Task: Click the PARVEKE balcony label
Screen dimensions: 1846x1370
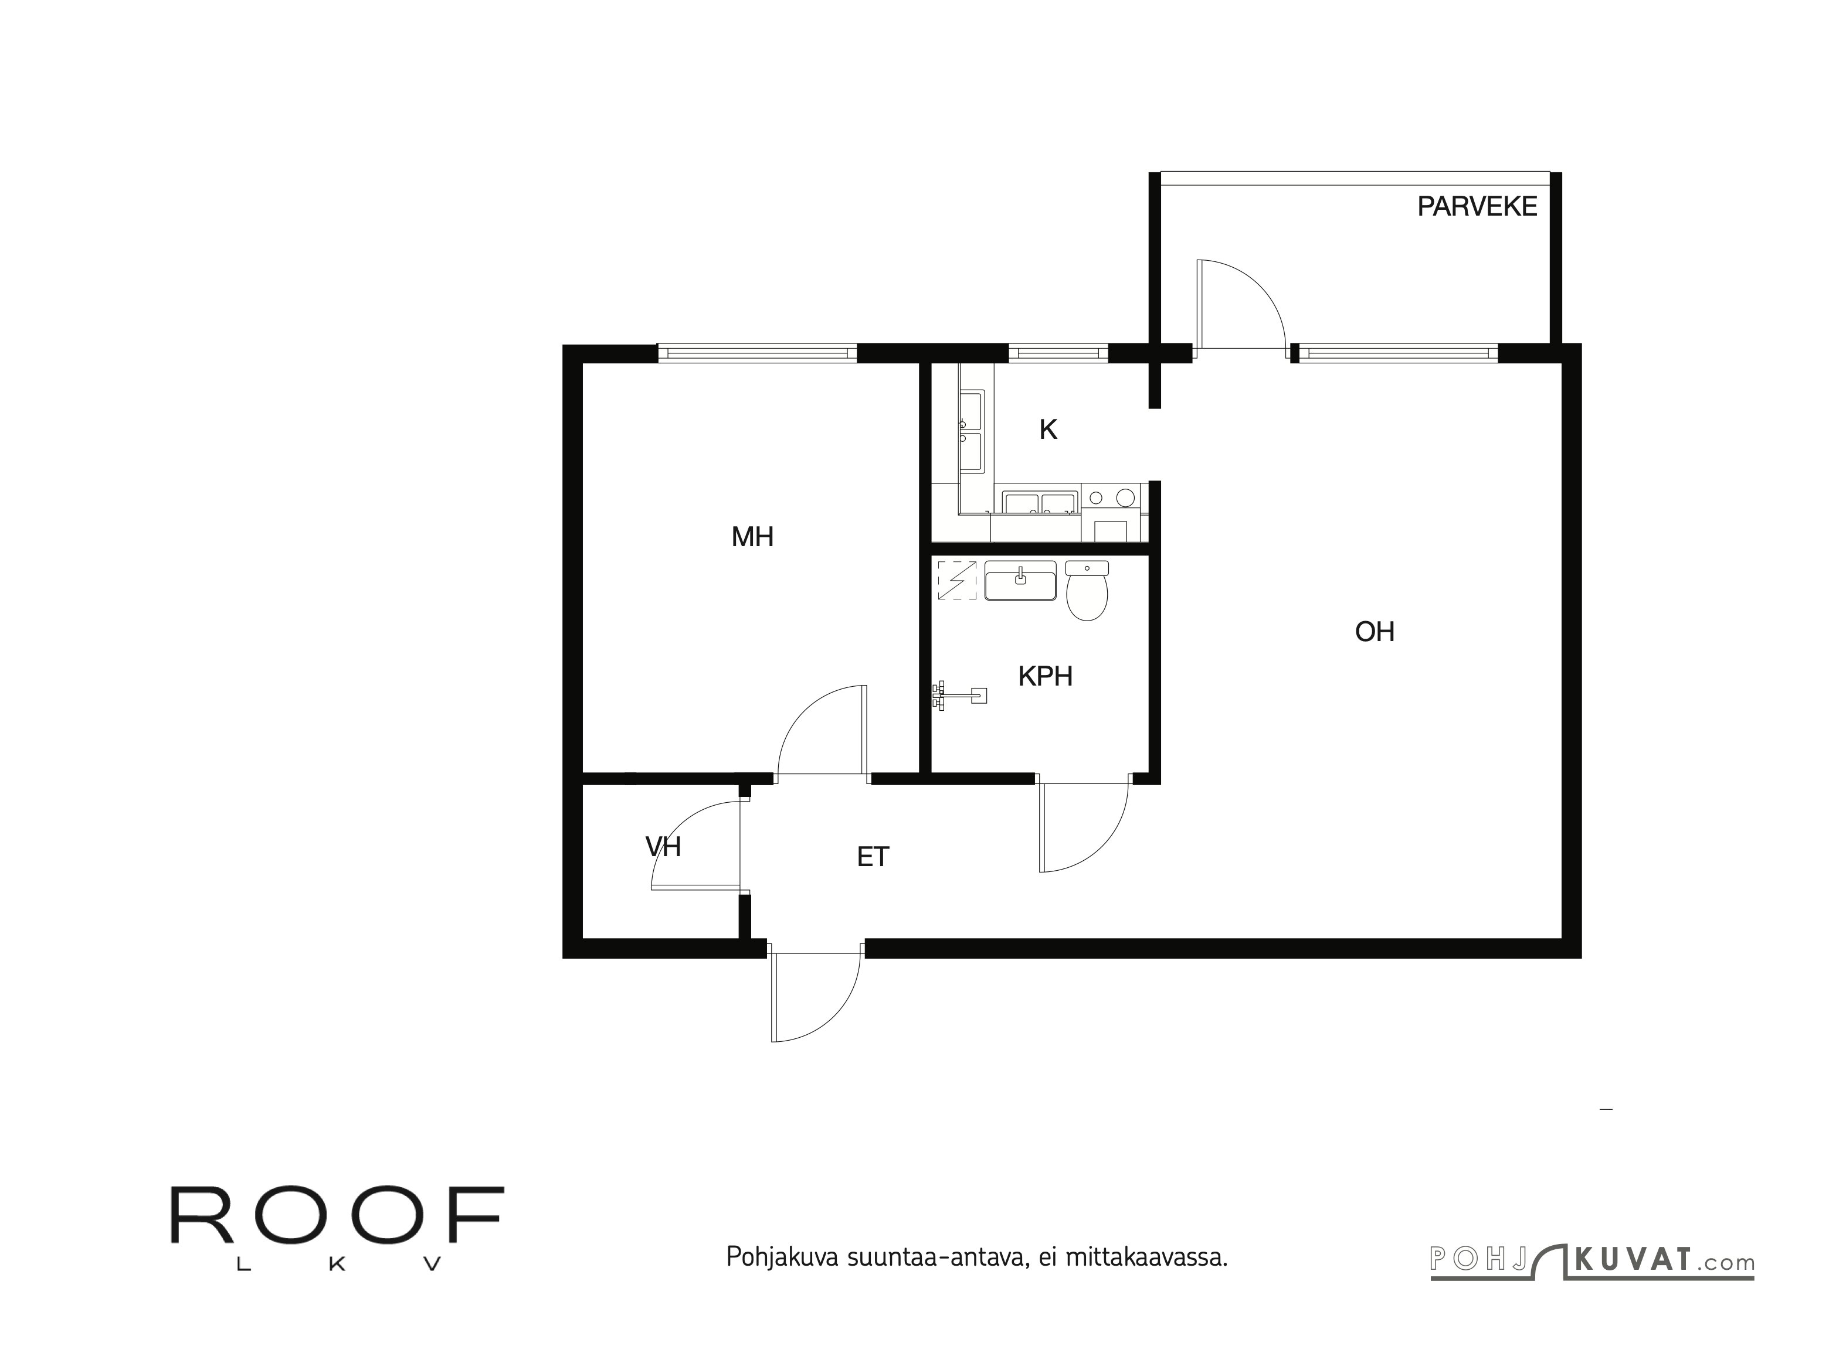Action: pyautogui.click(x=1477, y=206)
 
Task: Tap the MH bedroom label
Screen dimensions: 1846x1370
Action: pyautogui.click(x=752, y=537)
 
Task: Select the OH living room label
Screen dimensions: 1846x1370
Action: pyautogui.click(x=1374, y=632)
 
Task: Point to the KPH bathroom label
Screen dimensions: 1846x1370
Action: pyautogui.click(x=1046, y=677)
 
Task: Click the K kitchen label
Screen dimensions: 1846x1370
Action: pyautogui.click(x=1048, y=430)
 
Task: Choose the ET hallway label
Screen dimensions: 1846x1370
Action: pyautogui.click(x=873, y=857)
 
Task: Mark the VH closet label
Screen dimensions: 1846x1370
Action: pyautogui.click(x=663, y=847)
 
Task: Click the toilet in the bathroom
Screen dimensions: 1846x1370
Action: pyautogui.click(x=1087, y=591)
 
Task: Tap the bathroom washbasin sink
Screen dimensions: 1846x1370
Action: pyautogui.click(x=1020, y=581)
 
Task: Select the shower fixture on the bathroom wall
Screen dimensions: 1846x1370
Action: pyautogui.click(x=960, y=695)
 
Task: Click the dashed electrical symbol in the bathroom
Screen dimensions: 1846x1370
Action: pyautogui.click(x=956, y=581)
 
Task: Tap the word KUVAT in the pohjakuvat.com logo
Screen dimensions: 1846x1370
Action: pyautogui.click(x=1632, y=1260)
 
